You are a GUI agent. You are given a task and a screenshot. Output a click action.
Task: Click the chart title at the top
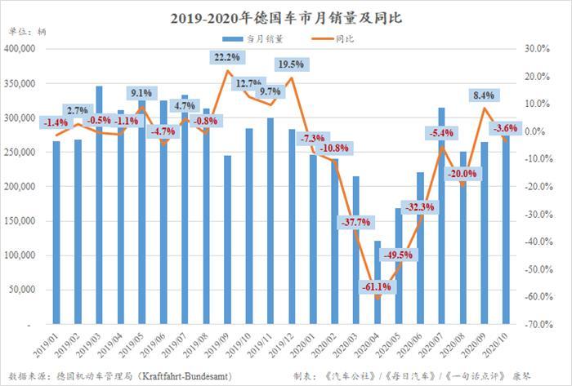286,16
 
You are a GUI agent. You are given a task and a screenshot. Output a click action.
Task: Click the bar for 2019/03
99,204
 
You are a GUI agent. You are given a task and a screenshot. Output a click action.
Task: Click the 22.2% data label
226,57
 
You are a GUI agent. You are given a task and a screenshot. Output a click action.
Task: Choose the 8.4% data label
483,95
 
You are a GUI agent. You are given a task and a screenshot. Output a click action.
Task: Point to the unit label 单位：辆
25,33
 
